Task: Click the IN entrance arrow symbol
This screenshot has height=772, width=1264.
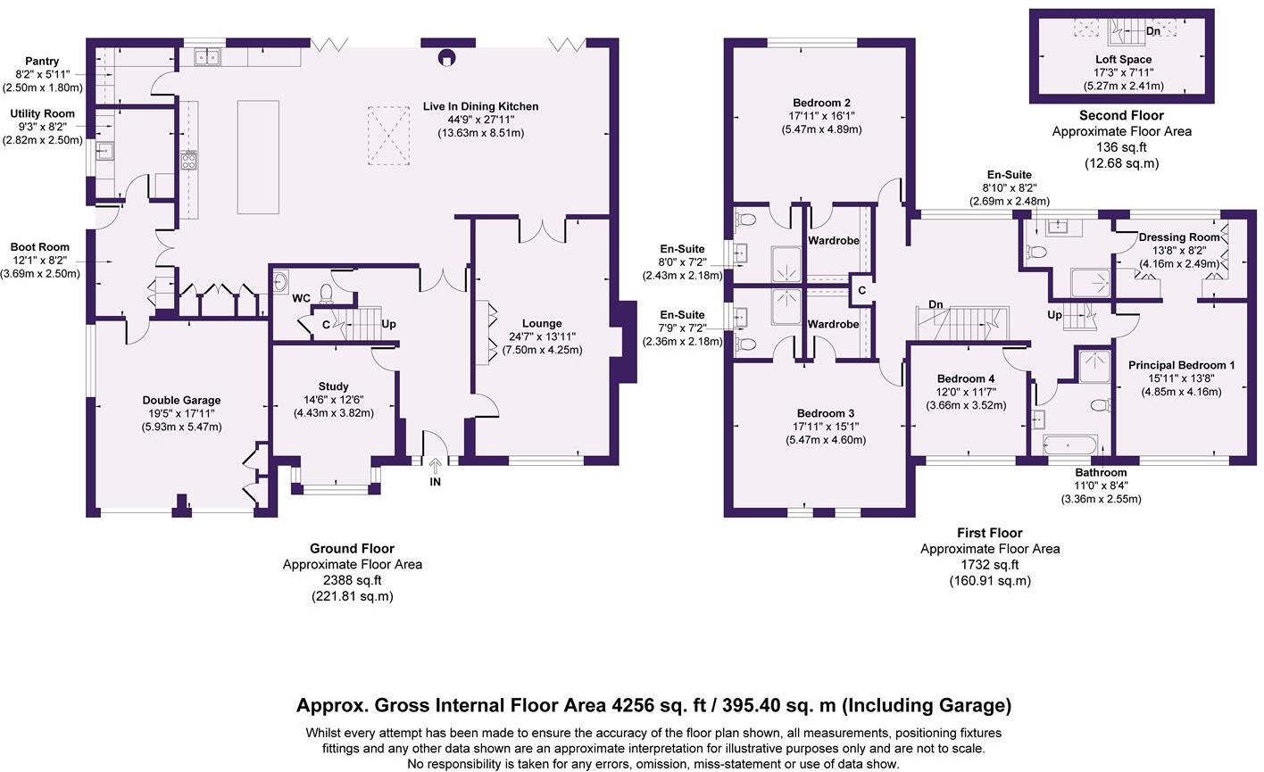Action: (435, 466)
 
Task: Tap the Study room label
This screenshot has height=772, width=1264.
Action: (334, 386)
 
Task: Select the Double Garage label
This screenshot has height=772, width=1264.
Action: (182, 400)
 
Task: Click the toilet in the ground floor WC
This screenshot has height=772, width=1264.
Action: (326, 294)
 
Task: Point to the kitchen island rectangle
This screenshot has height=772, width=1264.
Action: (258, 157)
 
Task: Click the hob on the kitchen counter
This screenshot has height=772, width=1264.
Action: (189, 161)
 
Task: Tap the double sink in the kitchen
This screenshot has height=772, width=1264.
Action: (208, 57)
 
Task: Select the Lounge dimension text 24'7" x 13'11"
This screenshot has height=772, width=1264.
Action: (542, 336)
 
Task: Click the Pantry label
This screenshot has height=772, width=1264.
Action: (42, 61)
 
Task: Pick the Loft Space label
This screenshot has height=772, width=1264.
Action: (1124, 59)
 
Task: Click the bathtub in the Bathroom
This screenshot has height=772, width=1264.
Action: (1070, 444)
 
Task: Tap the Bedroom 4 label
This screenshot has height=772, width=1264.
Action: (966, 378)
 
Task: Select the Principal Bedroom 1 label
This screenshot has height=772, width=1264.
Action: (1182, 365)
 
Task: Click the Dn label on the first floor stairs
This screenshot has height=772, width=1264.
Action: (936, 304)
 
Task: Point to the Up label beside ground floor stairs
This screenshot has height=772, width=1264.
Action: (389, 324)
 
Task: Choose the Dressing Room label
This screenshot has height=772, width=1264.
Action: (1179, 237)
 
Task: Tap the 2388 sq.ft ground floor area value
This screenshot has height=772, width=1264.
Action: (352, 580)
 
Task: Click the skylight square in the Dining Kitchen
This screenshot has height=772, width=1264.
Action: (389, 136)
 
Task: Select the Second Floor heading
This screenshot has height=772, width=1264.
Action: (1122, 115)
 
